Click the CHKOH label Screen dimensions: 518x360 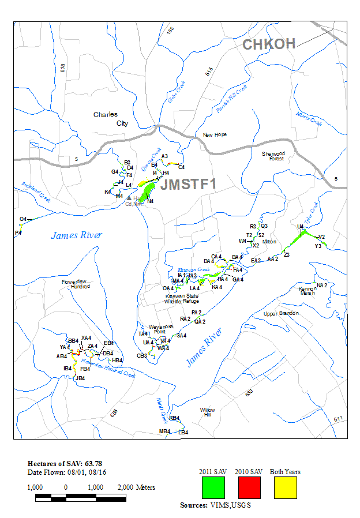[269, 44]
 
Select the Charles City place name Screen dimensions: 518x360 [106, 119]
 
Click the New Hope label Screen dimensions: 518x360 [215, 135]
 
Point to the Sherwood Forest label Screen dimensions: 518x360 [273, 156]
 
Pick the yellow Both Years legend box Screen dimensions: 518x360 [285, 488]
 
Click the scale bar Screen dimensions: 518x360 [80, 497]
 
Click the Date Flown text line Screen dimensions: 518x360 [63, 472]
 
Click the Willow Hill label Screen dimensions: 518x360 [207, 412]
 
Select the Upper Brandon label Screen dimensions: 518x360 [281, 313]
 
